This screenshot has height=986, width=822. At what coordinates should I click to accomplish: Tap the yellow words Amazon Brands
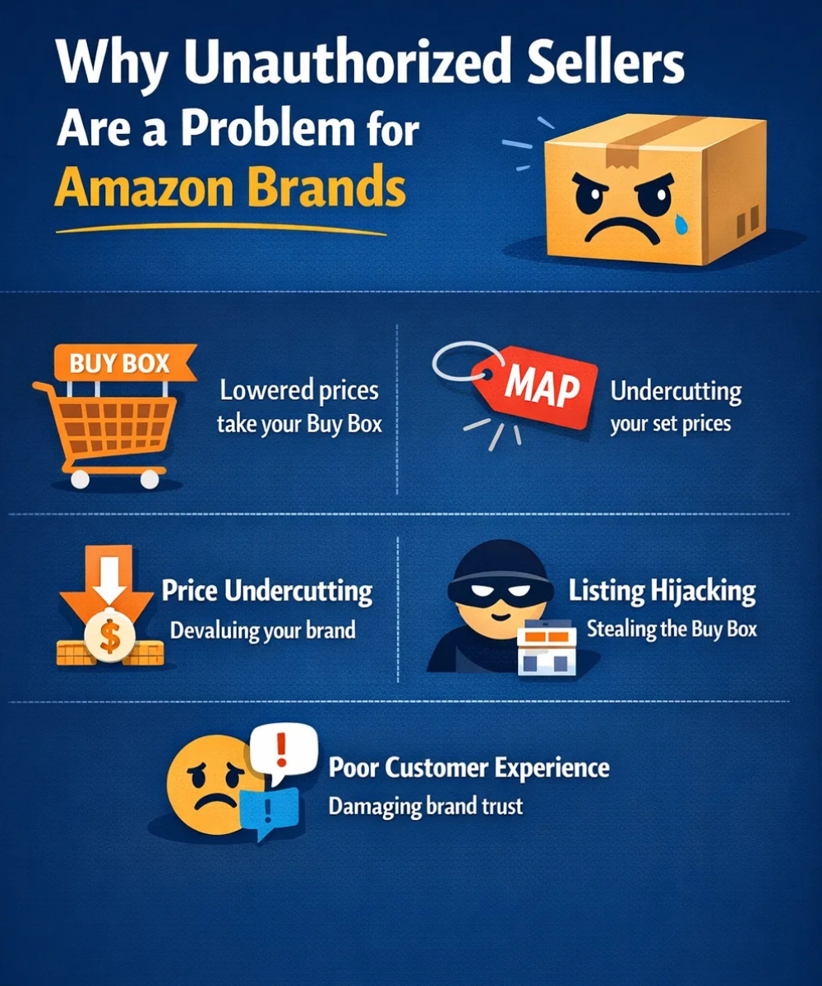[x=230, y=189]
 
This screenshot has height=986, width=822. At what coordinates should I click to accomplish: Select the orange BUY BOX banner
[x=120, y=362]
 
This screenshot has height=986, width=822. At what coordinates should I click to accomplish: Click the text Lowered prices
[x=299, y=389]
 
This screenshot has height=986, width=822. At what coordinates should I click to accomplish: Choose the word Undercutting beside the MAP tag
[x=676, y=391]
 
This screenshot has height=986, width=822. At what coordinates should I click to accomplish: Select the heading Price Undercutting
[x=266, y=591]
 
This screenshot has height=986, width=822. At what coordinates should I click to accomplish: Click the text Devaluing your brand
[x=262, y=631]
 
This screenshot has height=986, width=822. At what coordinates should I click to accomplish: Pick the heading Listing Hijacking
[x=662, y=591]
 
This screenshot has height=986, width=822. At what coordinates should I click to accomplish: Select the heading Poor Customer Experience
[x=469, y=768]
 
